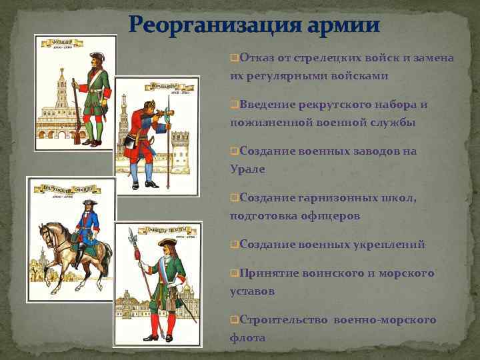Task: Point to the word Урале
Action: [247, 169]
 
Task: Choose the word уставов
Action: [252, 291]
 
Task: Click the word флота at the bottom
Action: [247, 337]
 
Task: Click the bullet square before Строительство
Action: [234, 320]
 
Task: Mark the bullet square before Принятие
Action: [234, 273]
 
